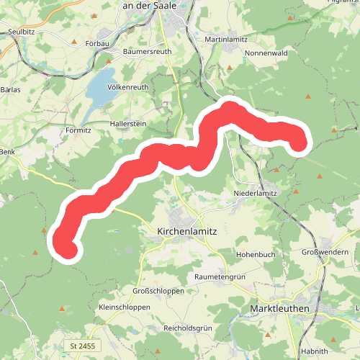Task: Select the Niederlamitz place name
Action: pos(256,194)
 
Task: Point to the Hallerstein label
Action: pos(128,125)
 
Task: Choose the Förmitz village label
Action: pos(78,130)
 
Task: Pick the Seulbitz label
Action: pos(22,32)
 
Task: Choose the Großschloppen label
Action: pos(158,290)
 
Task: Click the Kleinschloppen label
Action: pos(124,307)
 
